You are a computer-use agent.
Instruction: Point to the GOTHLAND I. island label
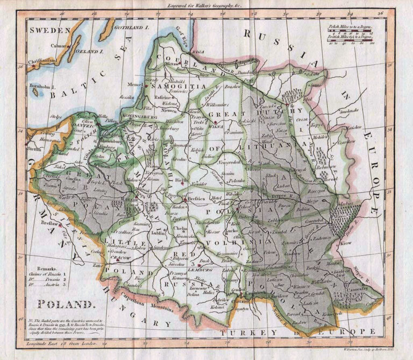[x=131, y=26]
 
